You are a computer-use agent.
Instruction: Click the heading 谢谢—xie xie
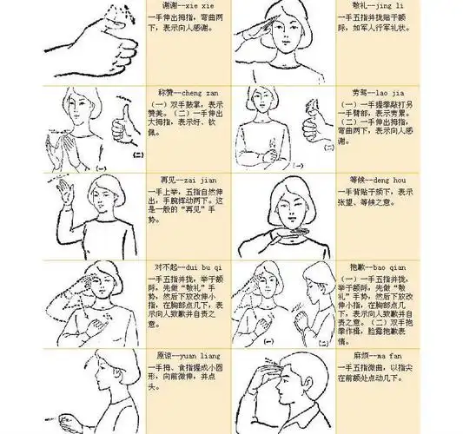[180, 6]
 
